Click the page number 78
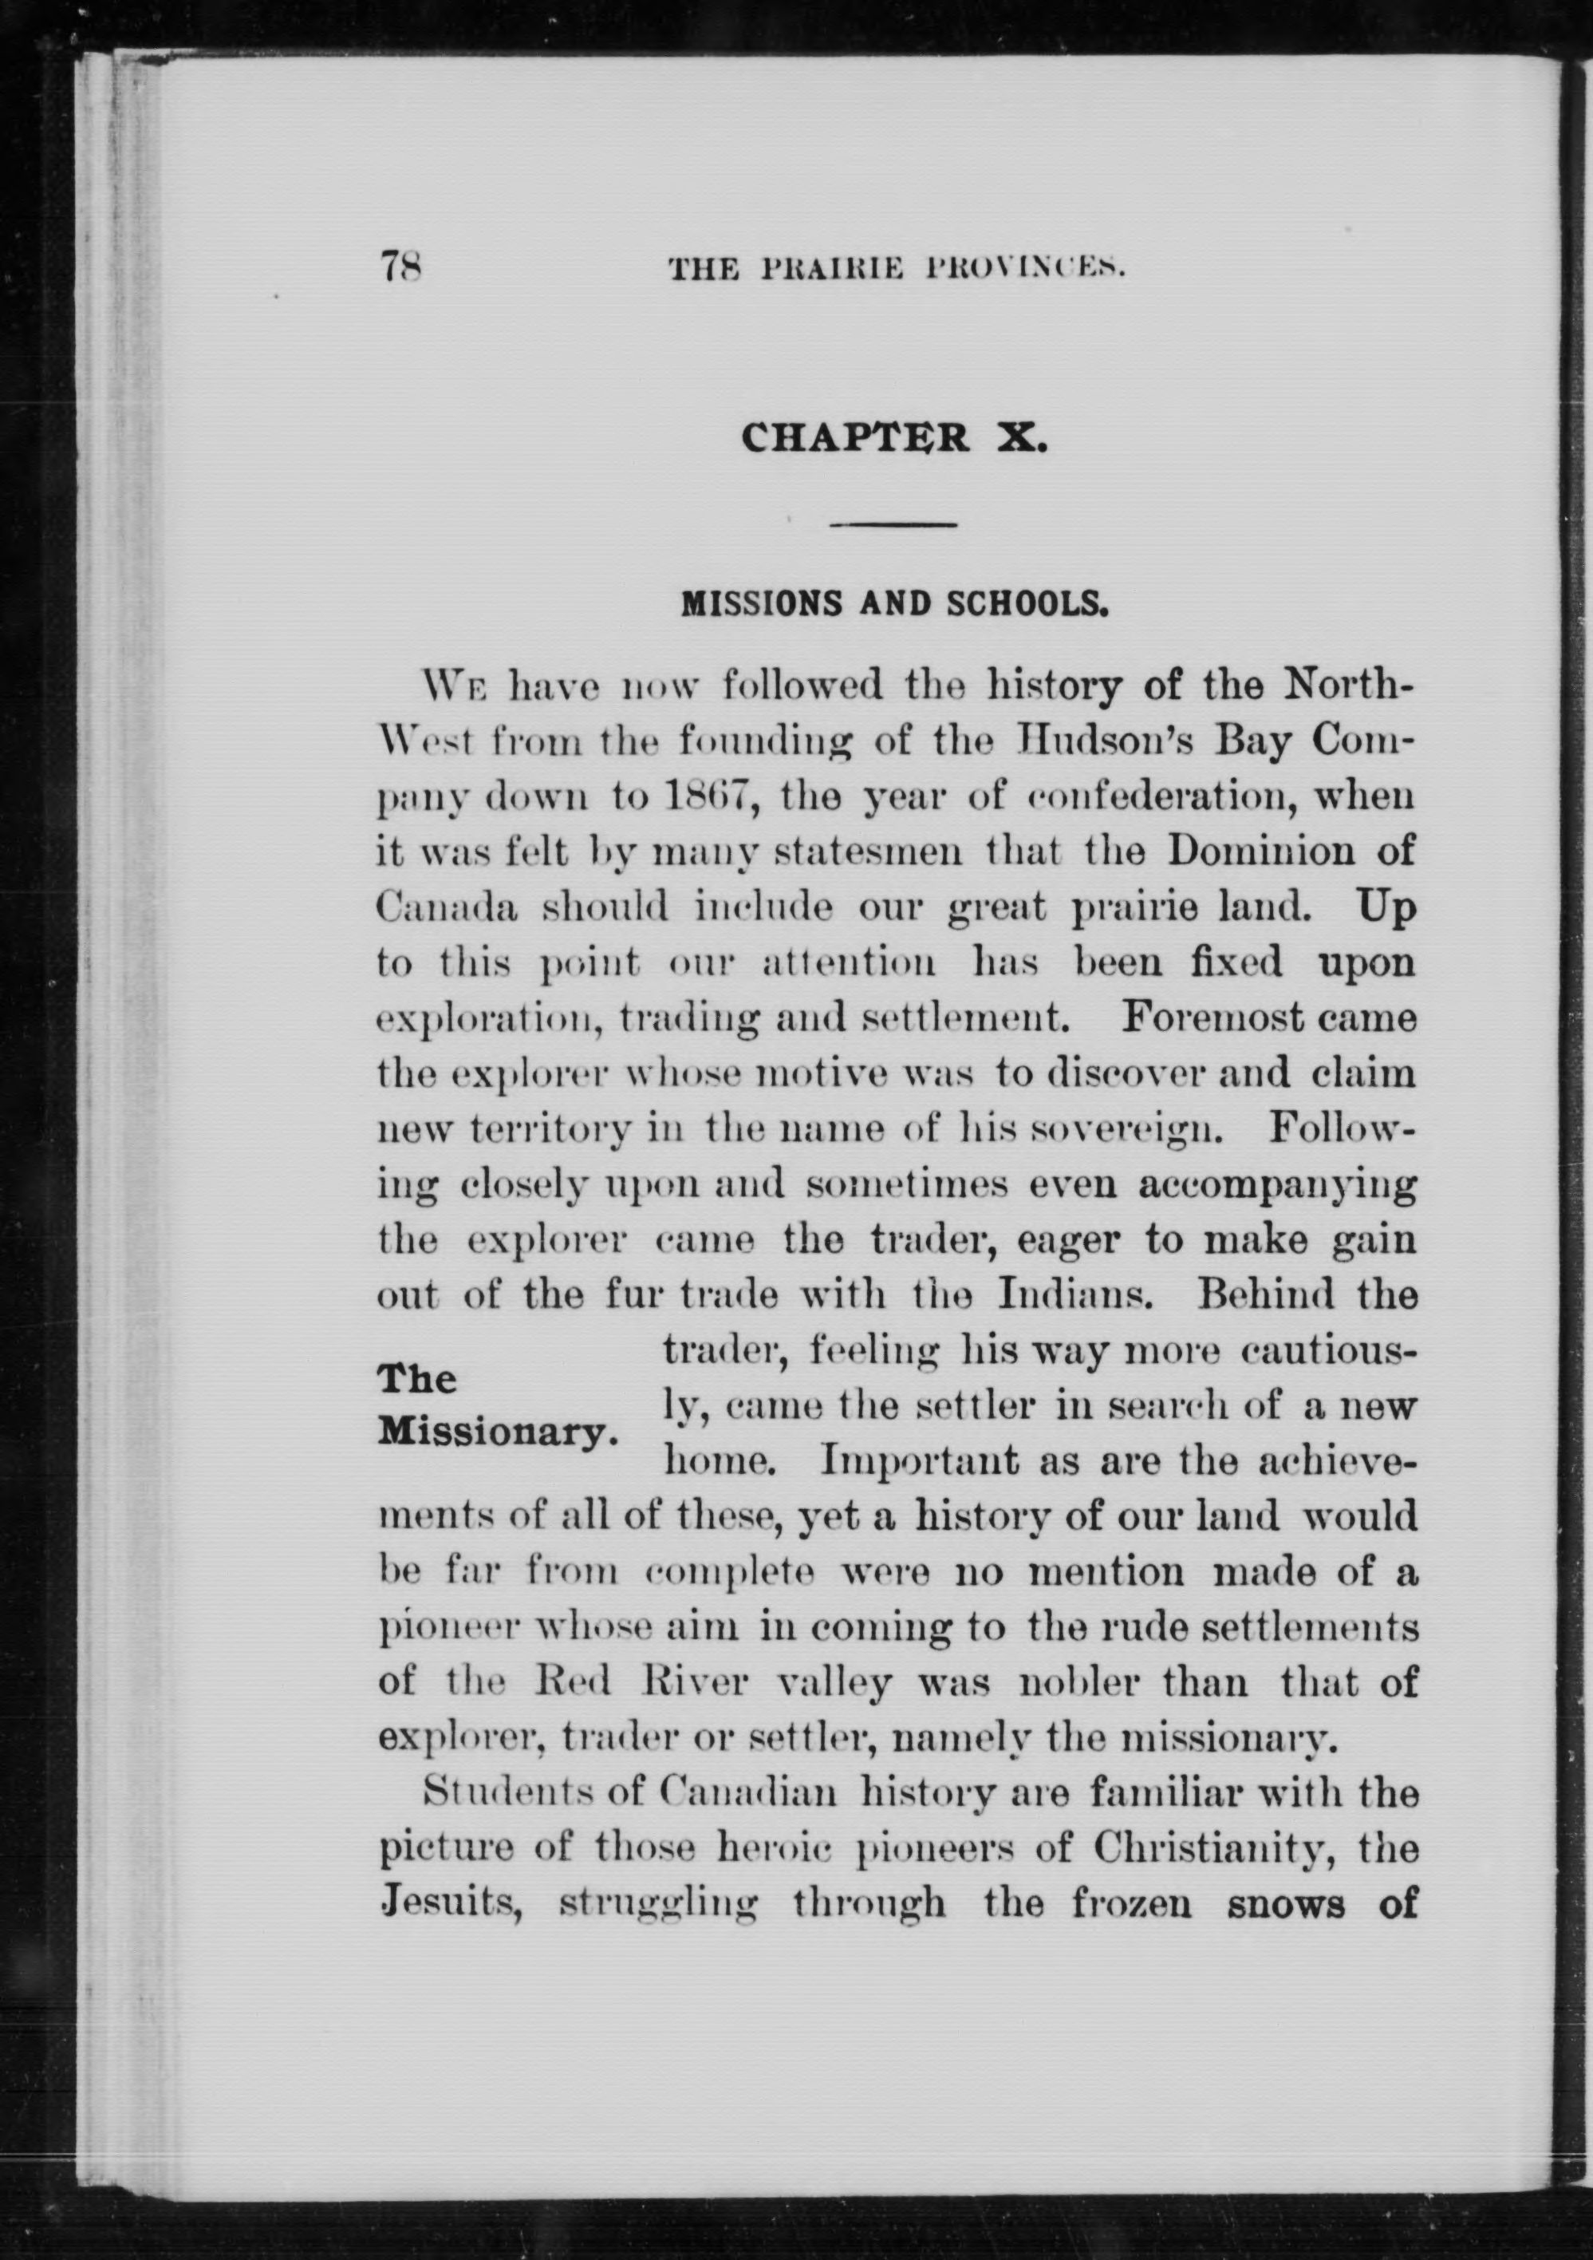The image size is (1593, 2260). click(x=400, y=266)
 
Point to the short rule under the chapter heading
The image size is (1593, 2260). click(x=893, y=524)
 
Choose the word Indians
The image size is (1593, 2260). click(x=1076, y=1295)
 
